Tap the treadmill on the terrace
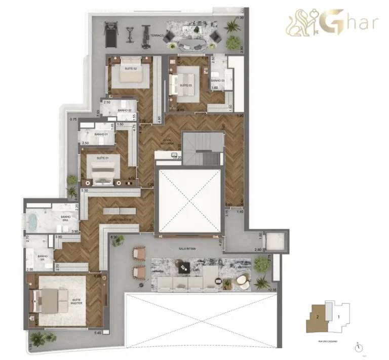[x=110, y=34]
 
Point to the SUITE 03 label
[x=186, y=86]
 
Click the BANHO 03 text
[x=218, y=81]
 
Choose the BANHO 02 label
[x=125, y=110]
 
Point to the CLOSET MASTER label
[x=120, y=220]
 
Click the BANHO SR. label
[x=43, y=256]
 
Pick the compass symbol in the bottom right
[x=359, y=347]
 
